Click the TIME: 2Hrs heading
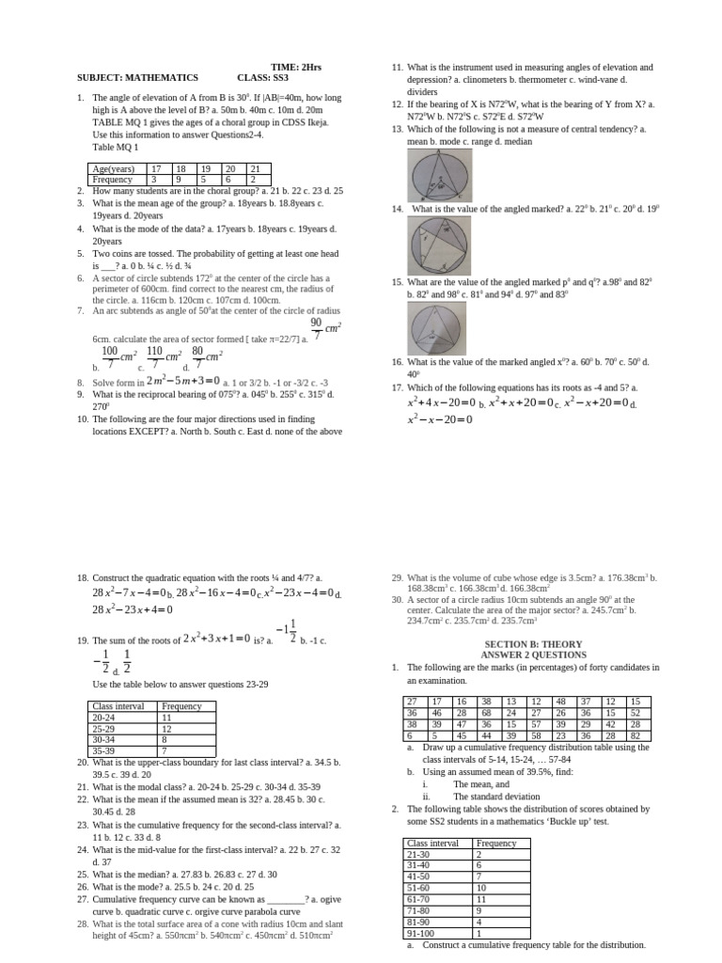coord(295,68)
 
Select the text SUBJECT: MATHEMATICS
coord(137,78)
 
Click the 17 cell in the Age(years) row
coord(157,168)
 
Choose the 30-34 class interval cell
coord(123,739)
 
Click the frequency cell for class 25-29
coord(187,729)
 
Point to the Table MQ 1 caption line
coord(116,148)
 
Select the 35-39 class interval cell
coord(123,750)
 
